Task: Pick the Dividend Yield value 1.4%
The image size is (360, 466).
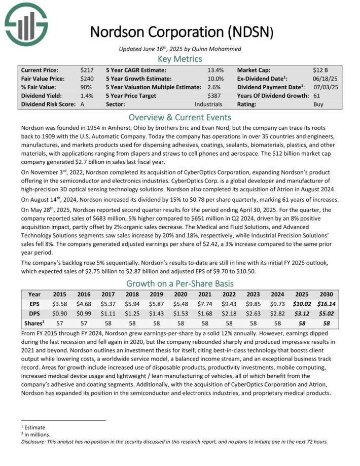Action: pos(86,95)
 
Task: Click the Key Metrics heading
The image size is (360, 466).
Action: pos(180,59)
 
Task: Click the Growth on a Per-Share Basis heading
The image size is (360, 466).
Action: pos(180,283)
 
